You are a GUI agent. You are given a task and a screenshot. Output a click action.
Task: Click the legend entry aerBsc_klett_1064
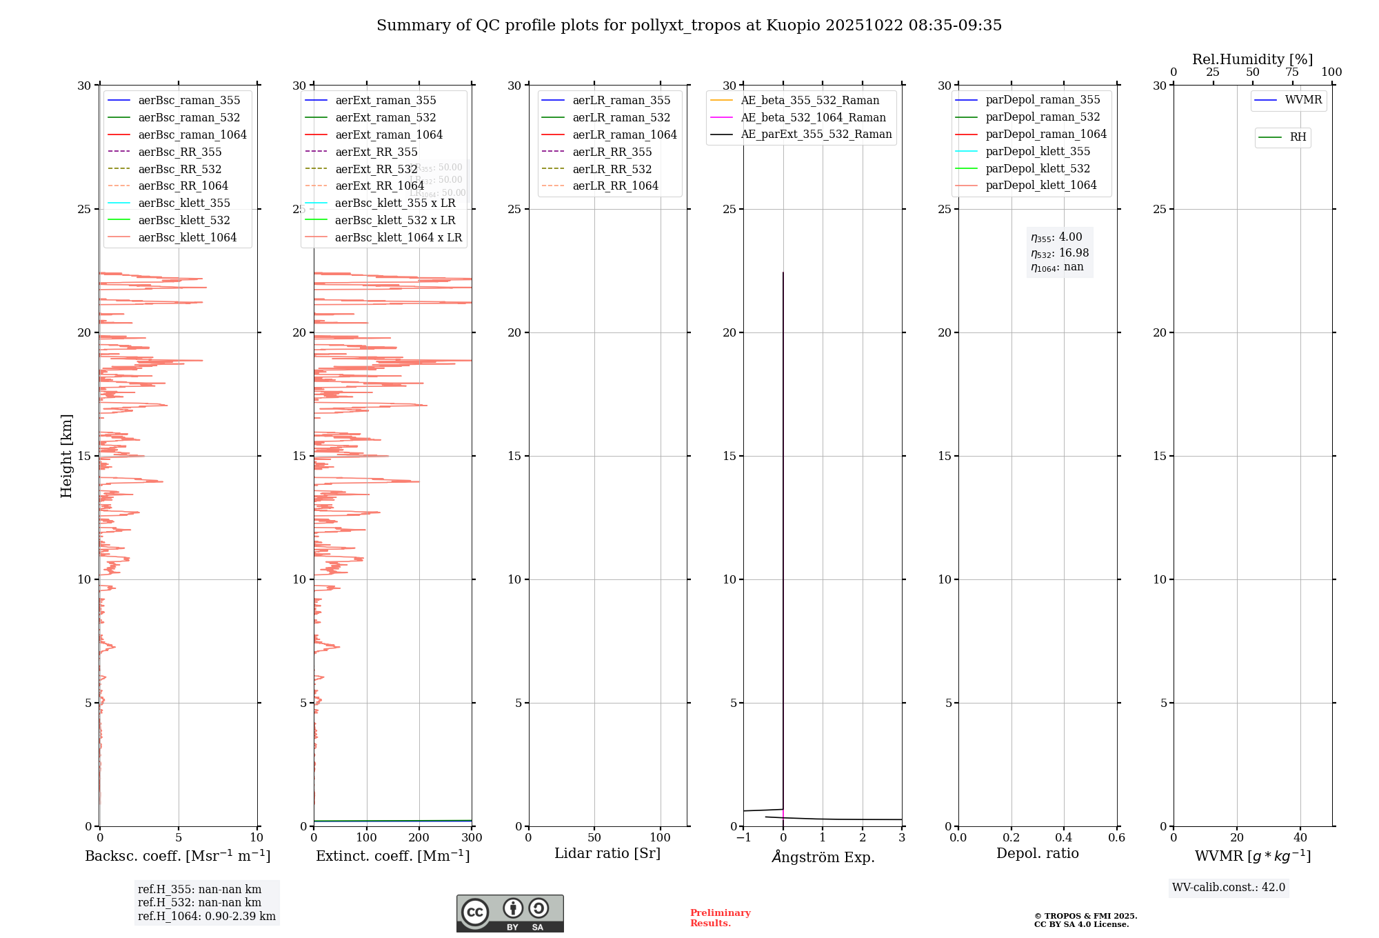(187, 237)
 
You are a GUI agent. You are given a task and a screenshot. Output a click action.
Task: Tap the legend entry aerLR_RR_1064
(615, 186)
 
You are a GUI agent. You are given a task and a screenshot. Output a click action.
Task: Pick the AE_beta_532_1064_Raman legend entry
(813, 117)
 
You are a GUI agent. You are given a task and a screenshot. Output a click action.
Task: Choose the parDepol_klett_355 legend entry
(1038, 151)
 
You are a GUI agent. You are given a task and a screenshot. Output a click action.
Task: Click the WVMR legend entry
(1302, 100)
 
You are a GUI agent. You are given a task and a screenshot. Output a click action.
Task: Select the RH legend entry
(1298, 137)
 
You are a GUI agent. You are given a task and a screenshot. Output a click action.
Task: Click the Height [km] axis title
(66, 455)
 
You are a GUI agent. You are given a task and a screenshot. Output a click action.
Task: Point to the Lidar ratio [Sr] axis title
(607, 853)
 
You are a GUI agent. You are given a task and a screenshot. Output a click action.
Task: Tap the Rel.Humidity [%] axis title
(1252, 59)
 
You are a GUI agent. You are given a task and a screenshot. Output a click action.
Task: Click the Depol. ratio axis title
(1037, 853)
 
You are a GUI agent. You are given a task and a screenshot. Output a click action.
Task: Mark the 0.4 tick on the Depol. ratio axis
(1064, 837)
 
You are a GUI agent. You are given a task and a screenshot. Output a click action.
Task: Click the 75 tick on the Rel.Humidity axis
(1292, 72)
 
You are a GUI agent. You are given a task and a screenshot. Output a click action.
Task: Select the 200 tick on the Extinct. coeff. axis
(419, 837)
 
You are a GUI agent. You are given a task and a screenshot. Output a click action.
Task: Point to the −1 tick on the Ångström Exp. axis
(743, 837)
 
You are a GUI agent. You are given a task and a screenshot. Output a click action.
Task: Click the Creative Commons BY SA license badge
(510, 913)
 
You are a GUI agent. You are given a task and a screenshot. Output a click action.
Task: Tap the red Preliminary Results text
(720, 918)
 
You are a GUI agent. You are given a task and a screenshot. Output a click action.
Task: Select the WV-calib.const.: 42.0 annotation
(1228, 887)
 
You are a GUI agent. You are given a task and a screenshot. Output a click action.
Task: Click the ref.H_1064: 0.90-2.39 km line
(206, 917)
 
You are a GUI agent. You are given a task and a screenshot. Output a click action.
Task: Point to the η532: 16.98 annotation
(1059, 253)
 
